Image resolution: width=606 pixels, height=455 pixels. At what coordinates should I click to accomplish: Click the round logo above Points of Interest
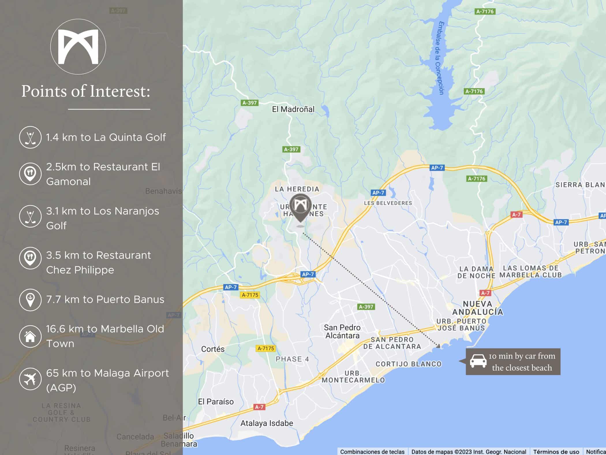(78, 47)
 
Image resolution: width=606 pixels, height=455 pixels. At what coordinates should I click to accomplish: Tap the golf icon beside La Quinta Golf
(30, 138)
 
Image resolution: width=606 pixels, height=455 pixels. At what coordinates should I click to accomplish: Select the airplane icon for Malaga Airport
(30, 379)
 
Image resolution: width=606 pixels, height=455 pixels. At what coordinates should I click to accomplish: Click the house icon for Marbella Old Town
(30, 336)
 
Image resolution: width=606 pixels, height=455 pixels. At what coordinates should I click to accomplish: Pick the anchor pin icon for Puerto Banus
(30, 300)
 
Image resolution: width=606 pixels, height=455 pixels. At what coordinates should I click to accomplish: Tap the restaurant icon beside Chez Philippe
(30, 258)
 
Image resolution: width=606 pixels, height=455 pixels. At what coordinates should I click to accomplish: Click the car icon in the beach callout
(478, 361)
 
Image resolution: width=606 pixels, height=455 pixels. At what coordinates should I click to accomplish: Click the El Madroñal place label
(293, 109)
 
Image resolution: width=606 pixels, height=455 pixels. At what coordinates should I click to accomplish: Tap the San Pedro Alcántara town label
(342, 331)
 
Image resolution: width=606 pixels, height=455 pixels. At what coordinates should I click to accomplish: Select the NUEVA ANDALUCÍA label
(478, 308)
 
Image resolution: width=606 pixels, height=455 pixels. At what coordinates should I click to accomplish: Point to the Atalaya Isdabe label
(267, 423)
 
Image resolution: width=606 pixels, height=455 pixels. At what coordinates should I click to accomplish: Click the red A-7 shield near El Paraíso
(259, 407)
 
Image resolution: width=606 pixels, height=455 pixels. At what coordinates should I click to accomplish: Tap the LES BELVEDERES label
(388, 203)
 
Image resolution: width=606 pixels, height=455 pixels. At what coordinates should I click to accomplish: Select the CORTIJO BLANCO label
(408, 364)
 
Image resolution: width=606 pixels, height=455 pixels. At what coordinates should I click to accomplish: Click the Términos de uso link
(556, 452)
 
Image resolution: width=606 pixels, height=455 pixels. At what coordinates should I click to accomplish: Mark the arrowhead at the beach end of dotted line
(439, 346)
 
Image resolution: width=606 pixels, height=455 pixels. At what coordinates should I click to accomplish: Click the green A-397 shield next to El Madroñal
(249, 103)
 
